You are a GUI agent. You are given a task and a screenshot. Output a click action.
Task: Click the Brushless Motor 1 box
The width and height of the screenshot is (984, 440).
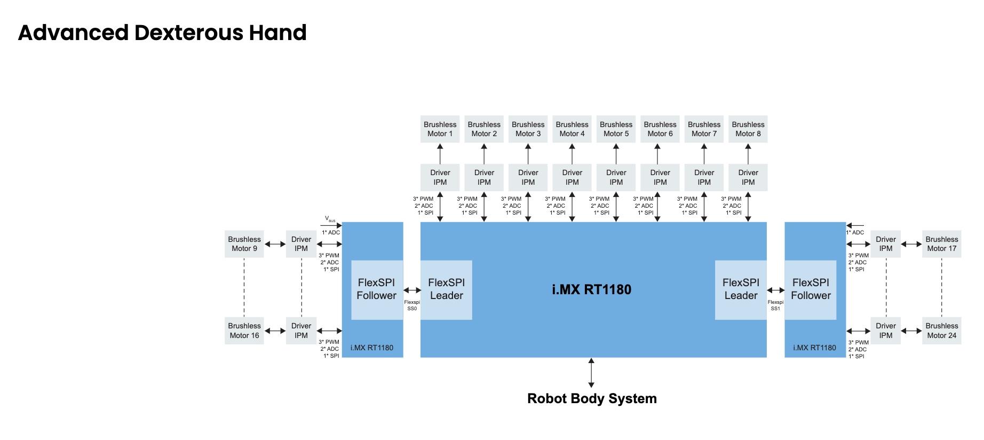pos(440,129)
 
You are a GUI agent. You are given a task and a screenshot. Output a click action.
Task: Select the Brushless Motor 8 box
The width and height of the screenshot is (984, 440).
pos(748,129)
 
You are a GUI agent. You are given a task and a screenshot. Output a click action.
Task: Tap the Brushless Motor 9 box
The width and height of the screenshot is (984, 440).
pos(244,244)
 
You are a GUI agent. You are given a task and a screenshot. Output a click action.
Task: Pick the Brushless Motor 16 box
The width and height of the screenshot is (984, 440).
pos(244,331)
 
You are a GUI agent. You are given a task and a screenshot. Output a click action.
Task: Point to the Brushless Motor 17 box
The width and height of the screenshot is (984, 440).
pos(942,244)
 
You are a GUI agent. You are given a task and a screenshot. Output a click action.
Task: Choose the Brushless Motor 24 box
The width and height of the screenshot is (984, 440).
pos(942,331)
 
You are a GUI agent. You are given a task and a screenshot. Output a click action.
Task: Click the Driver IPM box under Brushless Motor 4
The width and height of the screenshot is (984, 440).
pos(572,177)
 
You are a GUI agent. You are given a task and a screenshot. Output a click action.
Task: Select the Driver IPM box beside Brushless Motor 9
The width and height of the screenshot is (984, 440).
pos(301,244)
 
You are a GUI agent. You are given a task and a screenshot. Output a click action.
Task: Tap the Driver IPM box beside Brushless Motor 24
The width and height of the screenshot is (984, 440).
pos(886,331)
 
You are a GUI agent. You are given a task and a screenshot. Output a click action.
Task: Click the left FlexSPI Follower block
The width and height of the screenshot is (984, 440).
pos(377,289)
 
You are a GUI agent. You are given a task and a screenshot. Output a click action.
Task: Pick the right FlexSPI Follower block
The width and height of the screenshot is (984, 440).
pos(811,289)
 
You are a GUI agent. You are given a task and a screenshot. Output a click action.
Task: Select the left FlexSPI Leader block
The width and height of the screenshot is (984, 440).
pos(447,289)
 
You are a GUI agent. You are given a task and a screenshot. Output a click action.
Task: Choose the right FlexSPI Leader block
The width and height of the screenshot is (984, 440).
pos(741,289)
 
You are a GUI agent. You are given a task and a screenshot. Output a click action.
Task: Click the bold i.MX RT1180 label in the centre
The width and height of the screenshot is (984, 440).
pos(591,289)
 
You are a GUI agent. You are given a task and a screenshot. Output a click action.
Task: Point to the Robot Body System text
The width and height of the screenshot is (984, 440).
pos(592,399)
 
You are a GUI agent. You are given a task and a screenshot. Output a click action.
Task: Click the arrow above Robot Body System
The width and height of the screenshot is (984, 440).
pos(591,373)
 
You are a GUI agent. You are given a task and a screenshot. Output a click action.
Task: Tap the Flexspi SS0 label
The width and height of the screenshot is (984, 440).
pos(412,305)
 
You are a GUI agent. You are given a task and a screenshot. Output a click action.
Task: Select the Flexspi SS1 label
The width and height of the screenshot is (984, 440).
pos(775,305)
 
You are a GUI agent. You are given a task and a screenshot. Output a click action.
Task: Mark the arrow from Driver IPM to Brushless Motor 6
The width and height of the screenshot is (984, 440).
pos(657,154)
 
